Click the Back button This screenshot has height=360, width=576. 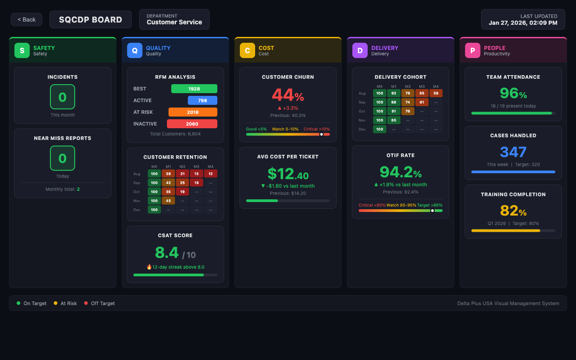[27, 19]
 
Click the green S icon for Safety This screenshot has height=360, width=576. [22, 50]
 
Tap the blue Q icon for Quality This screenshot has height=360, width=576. [135, 50]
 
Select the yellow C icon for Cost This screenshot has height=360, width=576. [247, 50]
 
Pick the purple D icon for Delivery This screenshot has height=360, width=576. [360, 50]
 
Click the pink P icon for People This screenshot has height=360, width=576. [472, 50]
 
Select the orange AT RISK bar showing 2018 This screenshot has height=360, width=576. [193, 112]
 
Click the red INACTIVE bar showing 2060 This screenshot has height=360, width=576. [192, 124]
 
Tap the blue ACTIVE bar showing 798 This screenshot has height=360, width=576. [202, 100]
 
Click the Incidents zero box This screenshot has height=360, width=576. [63, 97]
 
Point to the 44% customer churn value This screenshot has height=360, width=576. [288, 95]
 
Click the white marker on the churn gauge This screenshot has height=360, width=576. [321, 134]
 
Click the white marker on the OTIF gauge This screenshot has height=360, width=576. [432, 210]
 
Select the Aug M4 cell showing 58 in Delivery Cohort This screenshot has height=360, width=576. [436, 93]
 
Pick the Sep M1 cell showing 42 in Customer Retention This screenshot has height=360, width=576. [168, 183]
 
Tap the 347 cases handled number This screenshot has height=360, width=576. [513, 152]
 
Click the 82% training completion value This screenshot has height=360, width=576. [513, 211]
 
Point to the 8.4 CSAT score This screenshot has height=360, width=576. [167, 253]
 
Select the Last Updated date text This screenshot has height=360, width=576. [523, 23]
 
